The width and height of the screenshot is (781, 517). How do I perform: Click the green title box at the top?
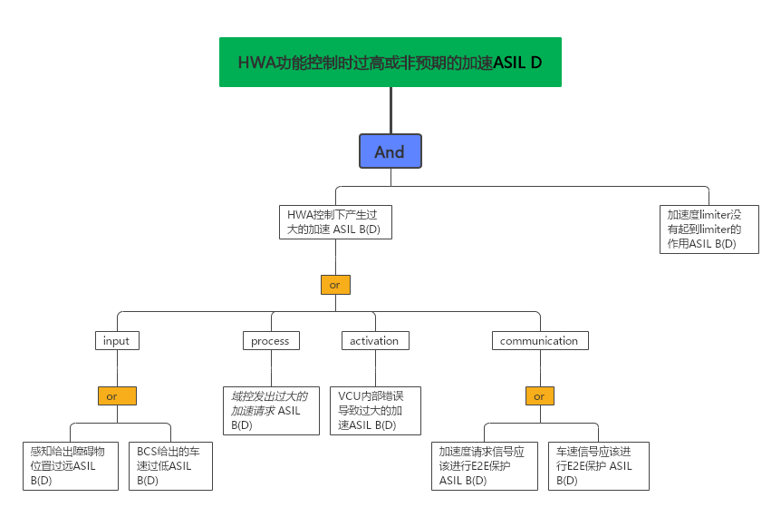tap(390, 62)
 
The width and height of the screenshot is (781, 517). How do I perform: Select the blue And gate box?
tap(390, 151)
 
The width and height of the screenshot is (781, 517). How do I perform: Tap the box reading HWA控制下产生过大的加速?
tap(335, 222)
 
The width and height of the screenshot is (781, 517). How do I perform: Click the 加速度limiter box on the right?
tap(709, 229)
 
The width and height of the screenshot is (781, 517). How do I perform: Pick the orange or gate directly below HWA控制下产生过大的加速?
tap(335, 285)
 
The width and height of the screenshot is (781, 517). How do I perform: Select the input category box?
tap(116, 341)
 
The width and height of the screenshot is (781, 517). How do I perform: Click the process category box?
tap(270, 341)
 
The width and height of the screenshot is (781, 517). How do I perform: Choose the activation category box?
tap(374, 341)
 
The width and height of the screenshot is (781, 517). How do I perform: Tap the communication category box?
tap(539, 341)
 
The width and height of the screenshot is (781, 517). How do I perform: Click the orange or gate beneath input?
tap(117, 396)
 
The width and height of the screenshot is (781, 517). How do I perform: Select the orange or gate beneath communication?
tap(539, 396)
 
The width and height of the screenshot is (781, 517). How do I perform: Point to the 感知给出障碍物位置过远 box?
tap(71, 465)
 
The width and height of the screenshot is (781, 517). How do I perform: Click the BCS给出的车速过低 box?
tap(170, 465)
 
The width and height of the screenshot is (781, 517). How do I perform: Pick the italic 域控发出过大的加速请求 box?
tap(271, 410)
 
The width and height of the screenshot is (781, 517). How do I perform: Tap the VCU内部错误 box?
tap(374, 410)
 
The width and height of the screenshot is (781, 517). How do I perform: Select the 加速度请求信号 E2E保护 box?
tap(484, 465)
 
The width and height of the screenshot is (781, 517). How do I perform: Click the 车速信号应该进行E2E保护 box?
tap(598, 465)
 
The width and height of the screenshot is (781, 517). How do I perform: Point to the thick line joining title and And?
tap(390, 110)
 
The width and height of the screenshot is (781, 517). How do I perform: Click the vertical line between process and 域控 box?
tap(271, 367)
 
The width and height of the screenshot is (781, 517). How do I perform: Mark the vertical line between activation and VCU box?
tap(374, 367)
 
